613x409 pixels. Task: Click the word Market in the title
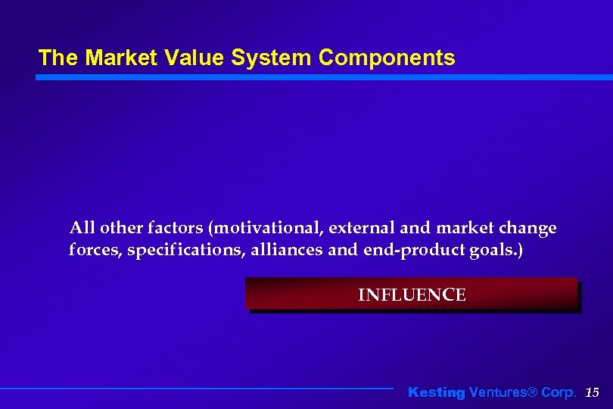click(110, 58)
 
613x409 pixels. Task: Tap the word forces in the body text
click(94, 251)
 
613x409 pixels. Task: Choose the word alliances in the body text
click(280, 251)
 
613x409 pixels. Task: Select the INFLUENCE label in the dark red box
click(412, 295)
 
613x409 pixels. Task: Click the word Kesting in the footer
click(436, 392)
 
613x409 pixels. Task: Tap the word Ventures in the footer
click(496, 392)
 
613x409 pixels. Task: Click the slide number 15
click(593, 392)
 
